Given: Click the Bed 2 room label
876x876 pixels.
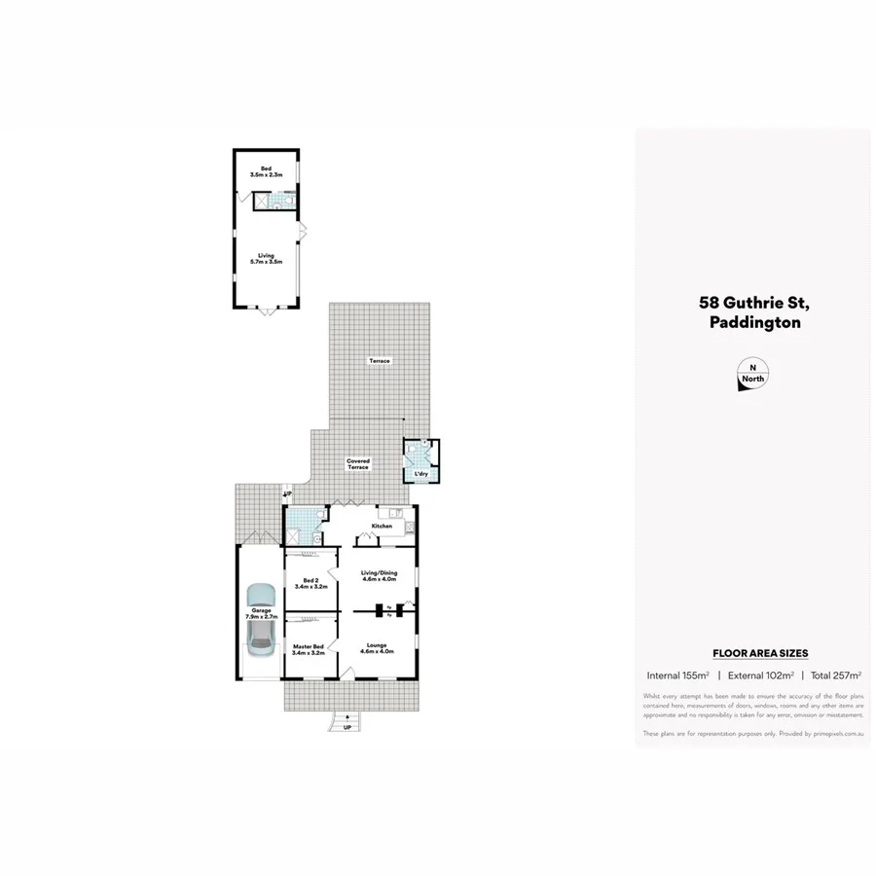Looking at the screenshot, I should coord(309,583).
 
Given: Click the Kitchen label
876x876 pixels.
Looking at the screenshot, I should coord(382,526).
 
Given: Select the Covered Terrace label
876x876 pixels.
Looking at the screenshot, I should coord(358,464).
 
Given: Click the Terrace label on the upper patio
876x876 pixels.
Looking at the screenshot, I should coord(379,361).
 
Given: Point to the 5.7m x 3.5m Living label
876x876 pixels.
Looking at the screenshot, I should coord(266,258).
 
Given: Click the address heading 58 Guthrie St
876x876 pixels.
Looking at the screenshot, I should coord(748,304).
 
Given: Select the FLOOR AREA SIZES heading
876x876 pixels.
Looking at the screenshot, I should coord(760,653).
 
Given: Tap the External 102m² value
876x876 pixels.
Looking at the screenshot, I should coord(759,675).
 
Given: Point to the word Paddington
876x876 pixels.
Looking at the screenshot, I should coord(755,323).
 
